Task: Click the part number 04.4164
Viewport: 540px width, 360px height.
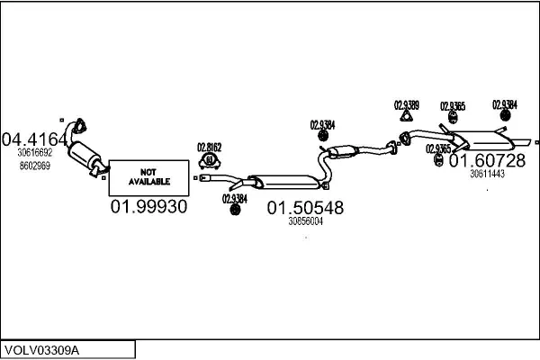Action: click(x=34, y=139)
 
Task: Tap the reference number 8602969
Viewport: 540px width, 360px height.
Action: click(x=34, y=165)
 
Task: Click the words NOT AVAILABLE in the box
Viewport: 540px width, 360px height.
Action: click(x=148, y=176)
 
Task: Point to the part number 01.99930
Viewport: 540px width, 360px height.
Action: click(x=148, y=207)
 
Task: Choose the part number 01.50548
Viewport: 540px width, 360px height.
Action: click(x=304, y=208)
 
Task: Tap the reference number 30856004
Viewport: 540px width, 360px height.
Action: click(x=305, y=221)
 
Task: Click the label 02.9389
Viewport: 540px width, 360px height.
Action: click(x=406, y=104)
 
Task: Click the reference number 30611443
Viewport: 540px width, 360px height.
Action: click(x=487, y=175)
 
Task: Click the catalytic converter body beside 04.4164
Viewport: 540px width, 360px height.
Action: click(x=87, y=157)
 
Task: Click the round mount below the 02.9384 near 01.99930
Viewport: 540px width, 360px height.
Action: click(x=236, y=210)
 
